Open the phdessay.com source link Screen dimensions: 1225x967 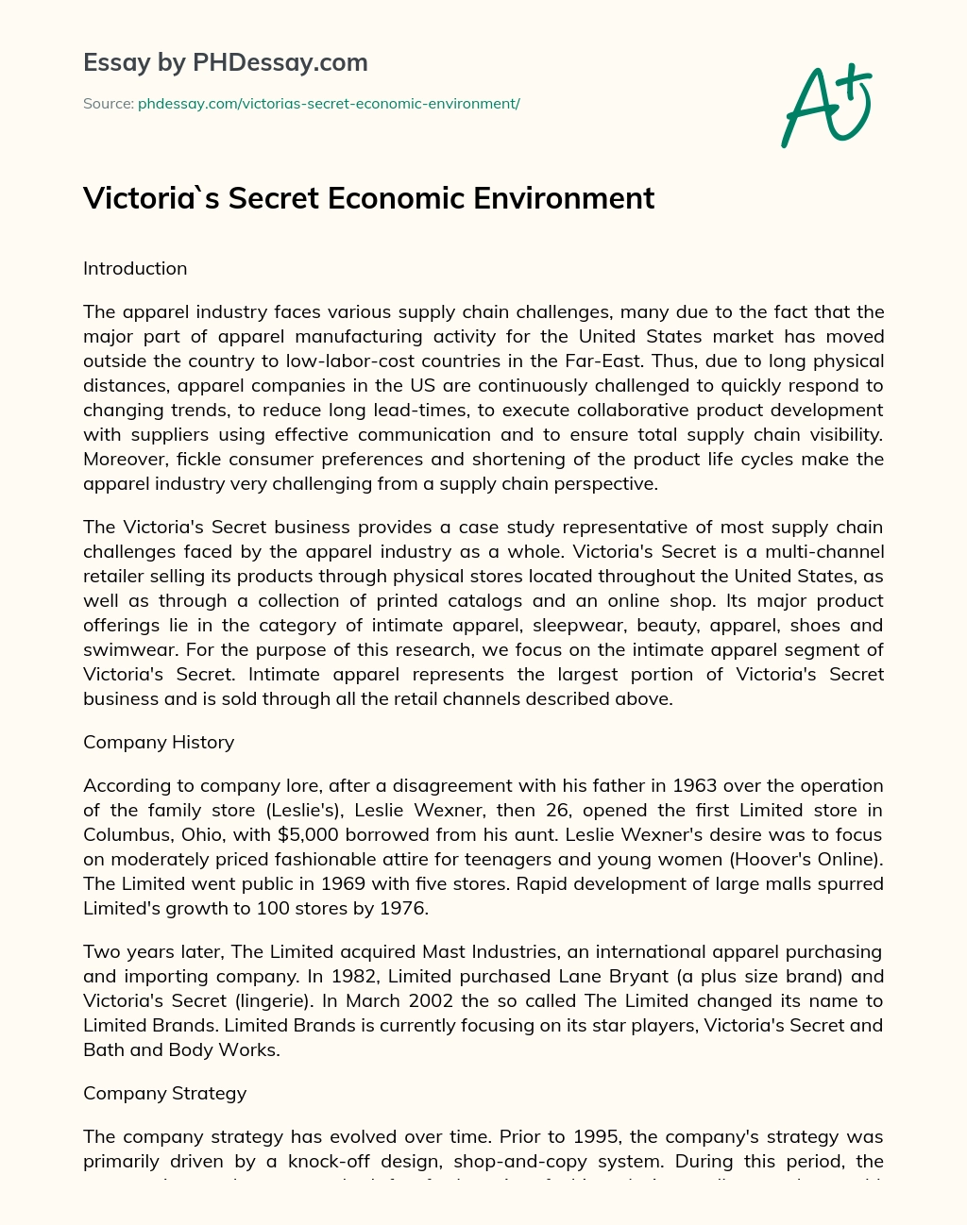[329, 103]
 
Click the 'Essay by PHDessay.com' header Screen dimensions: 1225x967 [226, 62]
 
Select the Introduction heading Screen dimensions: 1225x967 [135, 268]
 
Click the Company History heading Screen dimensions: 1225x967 [159, 742]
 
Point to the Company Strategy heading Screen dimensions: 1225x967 [164, 1093]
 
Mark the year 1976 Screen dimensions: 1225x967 [399, 908]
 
